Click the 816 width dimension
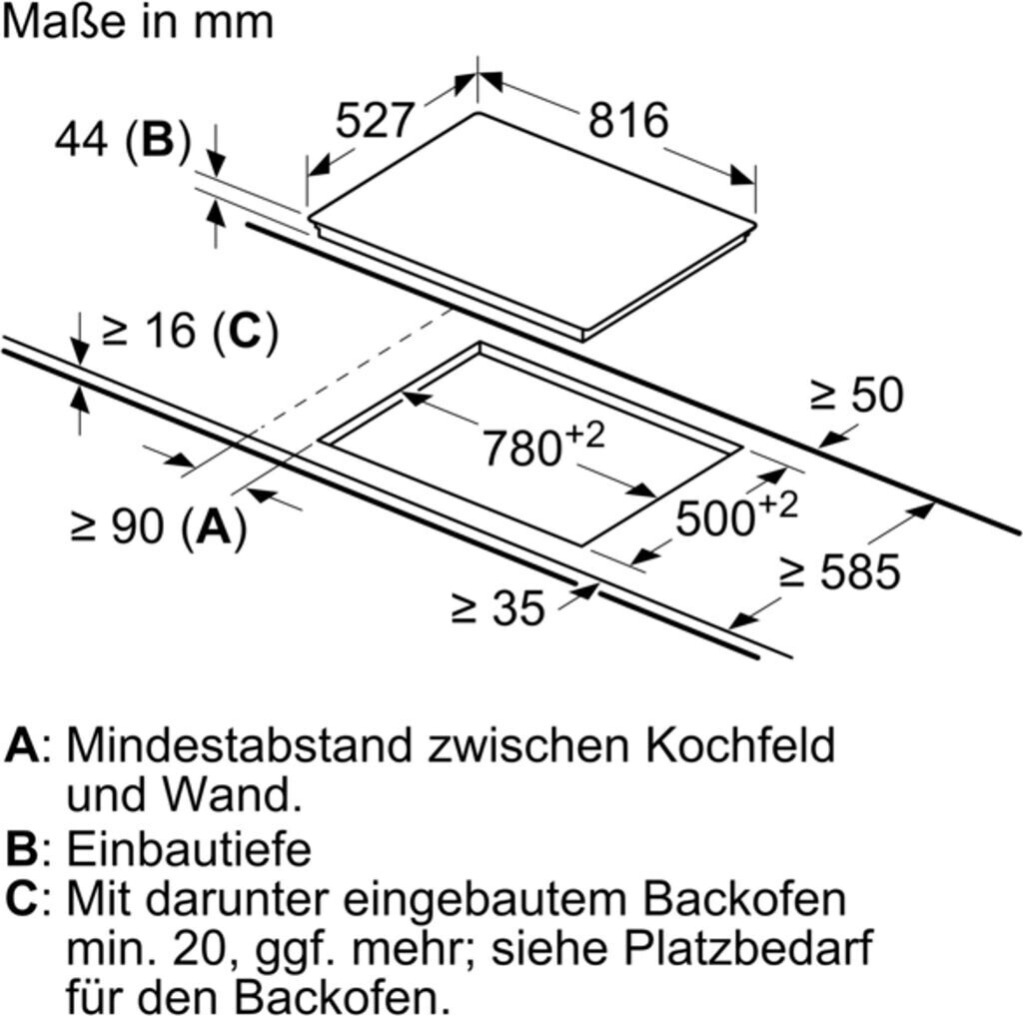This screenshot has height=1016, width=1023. (628, 120)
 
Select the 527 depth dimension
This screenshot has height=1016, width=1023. (376, 120)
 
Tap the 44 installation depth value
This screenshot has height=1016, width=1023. (81, 139)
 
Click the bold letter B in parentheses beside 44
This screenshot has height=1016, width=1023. (158, 139)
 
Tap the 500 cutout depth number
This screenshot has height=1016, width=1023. (715, 518)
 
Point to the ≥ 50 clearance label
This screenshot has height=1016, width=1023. (856, 395)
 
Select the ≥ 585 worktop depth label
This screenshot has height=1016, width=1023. (840, 571)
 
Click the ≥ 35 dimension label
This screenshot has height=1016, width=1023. (498, 608)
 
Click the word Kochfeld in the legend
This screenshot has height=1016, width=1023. (740, 744)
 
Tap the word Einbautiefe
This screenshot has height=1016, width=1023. (189, 849)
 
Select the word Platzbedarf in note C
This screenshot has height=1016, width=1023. (748, 950)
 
